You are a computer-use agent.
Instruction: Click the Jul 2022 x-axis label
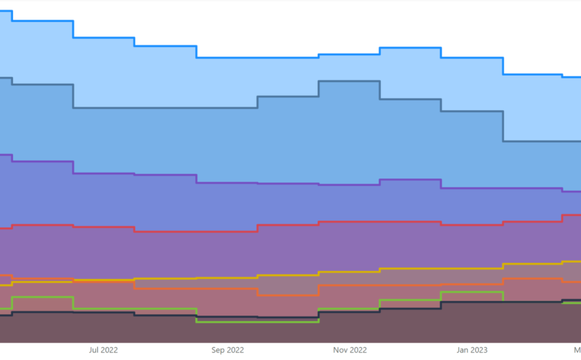click(103, 350)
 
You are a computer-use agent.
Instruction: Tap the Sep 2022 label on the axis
click(227, 350)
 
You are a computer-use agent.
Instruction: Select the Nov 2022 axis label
click(350, 350)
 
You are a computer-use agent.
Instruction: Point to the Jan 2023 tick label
click(472, 350)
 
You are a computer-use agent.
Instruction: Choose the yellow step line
click(348, 272)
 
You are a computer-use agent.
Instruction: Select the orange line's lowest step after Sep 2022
click(288, 295)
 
